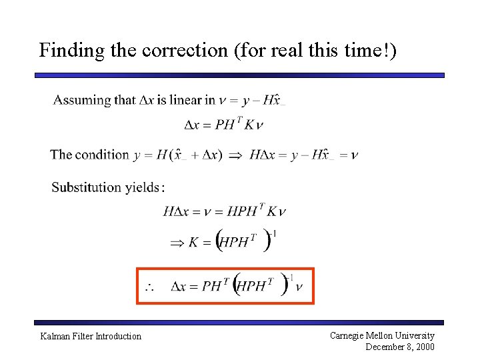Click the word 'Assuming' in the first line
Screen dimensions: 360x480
point(82,101)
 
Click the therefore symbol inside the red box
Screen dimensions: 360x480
point(150,287)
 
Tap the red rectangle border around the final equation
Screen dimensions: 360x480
point(137,286)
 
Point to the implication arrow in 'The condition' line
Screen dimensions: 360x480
point(235,155)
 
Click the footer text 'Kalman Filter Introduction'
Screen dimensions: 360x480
point(91,336)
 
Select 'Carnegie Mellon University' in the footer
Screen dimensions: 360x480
point(382,335)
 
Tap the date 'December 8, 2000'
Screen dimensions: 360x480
point(400,347)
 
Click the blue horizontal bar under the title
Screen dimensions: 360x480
point(240,75)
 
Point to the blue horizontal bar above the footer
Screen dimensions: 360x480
point(240,323)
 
